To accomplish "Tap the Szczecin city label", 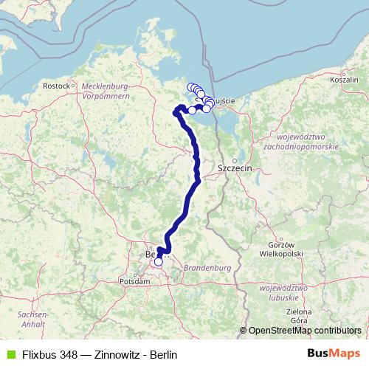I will [235, 169].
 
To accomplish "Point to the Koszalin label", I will [345, 79].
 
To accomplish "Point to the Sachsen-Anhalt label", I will [34, 319].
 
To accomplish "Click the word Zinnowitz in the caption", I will [119, 354].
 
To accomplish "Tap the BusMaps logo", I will [333, 354].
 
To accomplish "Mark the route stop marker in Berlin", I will [158, 261].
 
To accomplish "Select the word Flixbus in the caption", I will [39, 354].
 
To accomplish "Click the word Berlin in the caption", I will [164, 354].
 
